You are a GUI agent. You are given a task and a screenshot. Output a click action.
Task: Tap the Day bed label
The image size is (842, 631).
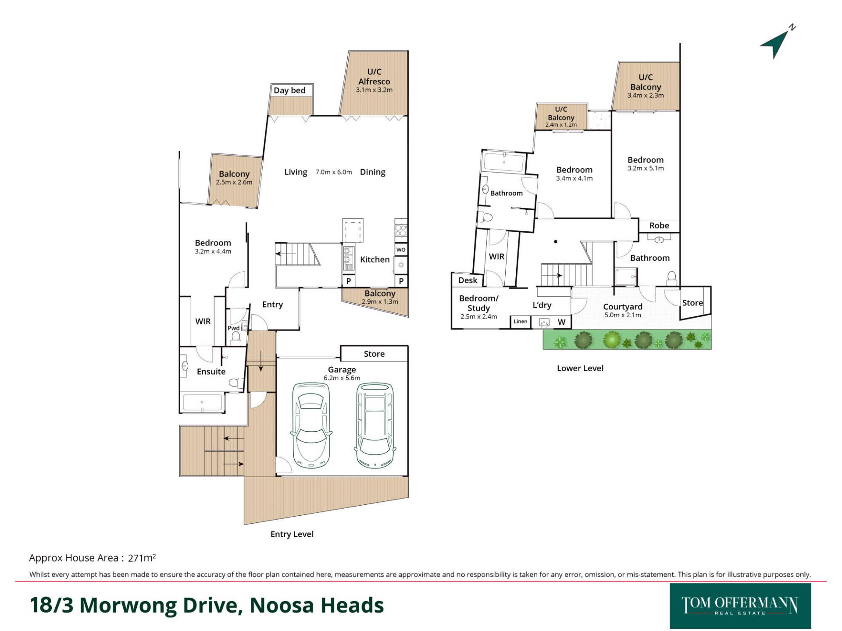(289, 90)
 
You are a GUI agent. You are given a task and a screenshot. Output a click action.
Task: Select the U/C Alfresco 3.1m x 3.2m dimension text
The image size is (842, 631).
(374, 90)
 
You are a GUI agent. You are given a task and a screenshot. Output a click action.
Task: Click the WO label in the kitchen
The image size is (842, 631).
(401, 250)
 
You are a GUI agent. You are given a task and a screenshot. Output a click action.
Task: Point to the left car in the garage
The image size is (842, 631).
(310, 425)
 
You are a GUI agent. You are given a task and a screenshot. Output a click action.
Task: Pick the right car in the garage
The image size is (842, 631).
(375, 425)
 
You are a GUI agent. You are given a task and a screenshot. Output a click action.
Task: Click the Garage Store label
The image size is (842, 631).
(374, 354)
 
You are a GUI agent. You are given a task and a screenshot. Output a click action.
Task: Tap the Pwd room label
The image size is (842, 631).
(233, 328)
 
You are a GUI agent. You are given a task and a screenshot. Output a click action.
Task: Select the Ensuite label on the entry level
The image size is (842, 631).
(211, 372)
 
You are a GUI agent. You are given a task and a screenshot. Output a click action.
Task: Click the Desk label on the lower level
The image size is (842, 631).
(467, 280)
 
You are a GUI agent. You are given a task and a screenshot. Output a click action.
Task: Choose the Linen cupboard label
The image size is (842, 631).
(521, 321)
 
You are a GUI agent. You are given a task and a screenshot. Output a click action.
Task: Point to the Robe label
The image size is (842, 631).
(659, 226)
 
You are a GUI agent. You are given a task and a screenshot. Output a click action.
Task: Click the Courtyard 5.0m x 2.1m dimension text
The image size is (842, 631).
(623, 315)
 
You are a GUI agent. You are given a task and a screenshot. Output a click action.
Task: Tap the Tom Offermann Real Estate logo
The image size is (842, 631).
(740, 606)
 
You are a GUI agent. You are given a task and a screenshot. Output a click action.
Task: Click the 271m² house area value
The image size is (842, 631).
(142, 558)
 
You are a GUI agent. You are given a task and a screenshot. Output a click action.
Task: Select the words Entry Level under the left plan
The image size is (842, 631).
(292, 534)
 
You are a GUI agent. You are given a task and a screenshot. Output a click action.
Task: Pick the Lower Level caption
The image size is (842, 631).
(580, 368)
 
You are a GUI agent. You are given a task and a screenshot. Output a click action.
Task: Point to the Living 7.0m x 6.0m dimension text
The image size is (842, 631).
(334, 172)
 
